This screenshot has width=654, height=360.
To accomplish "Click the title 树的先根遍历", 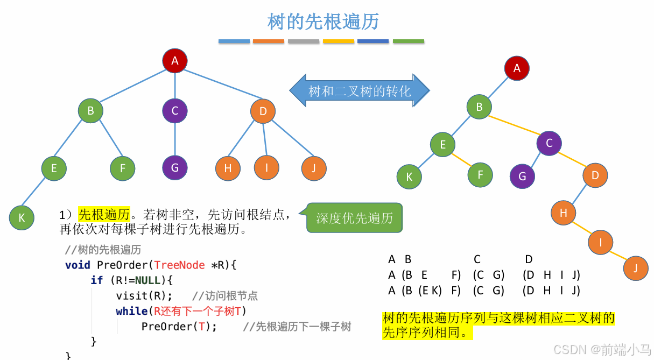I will tap(323, 22).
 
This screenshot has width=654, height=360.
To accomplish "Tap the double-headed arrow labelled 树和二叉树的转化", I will tap(360, 90).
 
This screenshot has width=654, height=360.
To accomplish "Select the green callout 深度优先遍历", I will tap(354, 218).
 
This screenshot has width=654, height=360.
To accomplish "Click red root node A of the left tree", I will tap(174, 61).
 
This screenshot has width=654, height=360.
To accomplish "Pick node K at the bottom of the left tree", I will tap(22, 217).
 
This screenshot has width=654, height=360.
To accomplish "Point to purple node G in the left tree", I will tap(174, 167).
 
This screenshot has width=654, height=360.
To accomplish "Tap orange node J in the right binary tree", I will tap(636, 268).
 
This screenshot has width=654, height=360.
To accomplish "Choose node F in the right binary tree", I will tap(480, 175).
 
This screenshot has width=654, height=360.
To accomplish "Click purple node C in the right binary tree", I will tap(549, 143).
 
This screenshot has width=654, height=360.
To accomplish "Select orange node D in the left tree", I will tap(263, 111).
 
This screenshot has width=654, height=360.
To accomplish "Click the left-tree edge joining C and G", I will tap(174, 139).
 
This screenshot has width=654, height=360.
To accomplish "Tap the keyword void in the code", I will tap(78, 265).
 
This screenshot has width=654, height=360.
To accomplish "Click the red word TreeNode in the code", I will tap(179, 265).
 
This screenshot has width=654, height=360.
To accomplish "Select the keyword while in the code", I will tap(131, 311).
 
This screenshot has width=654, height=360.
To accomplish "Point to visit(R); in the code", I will tap(144, 295).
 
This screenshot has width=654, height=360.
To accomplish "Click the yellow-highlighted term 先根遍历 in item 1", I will tap(104, 215).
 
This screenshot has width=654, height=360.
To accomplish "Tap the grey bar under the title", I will tap(304, 41).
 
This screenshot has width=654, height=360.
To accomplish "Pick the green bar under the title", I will tap(409, 41).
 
